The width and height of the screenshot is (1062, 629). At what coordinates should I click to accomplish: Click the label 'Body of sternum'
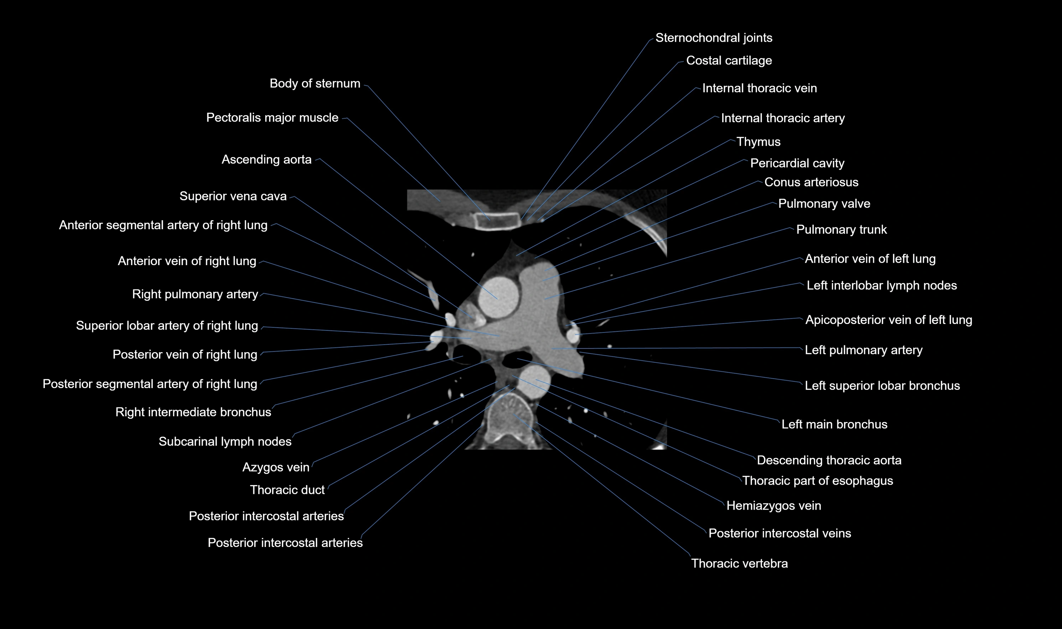click(x=315, y=83)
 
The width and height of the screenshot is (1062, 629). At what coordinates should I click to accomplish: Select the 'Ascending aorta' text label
click(x=266, y=159)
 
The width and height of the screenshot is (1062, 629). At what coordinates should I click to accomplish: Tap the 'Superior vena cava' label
click(x=233, y=196)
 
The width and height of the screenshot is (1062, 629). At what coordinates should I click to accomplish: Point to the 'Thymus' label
click(x=758, y=141)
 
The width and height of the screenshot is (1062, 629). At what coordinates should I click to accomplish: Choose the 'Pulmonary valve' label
click(x=824, y=204)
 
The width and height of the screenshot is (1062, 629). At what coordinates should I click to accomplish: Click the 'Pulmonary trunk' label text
click(x=841, y=230)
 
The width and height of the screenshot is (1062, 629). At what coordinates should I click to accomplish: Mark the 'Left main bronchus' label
click(x=834, y=424)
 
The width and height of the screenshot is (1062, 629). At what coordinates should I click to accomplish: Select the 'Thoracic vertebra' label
click(x=739, y=563)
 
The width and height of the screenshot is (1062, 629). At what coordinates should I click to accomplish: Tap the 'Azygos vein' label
click(x=276, y=467)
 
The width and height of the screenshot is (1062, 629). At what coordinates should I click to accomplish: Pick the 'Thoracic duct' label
click(x=287, y=490)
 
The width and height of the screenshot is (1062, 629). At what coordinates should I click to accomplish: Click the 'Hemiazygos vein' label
click(x=773, y=506)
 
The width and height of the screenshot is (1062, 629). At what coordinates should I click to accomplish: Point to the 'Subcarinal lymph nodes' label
click(x=225, y=442)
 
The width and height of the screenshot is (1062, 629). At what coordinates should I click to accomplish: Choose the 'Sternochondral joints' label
click(x=714, y=38)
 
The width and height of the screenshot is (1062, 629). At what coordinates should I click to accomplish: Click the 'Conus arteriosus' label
click(x=811, y=182)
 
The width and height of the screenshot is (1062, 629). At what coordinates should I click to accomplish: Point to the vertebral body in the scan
click(x=509, y=418)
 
